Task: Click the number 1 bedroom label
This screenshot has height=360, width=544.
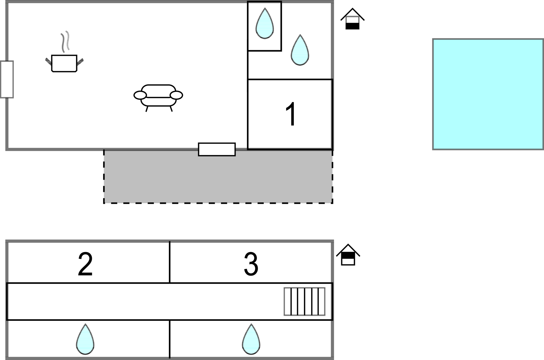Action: point(291,114)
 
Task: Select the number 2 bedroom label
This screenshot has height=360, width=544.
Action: point(85,264)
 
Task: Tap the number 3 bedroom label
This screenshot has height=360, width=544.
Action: point(251,264)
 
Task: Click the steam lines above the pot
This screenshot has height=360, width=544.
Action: point(65,41)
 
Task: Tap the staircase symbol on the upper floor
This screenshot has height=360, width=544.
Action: point(305,301)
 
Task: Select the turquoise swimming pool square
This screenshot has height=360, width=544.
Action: point(488,94)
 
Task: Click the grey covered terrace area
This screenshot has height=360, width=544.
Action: point(218,176)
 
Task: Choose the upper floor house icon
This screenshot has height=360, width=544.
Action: point(348,255)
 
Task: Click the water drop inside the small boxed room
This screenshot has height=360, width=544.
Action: point(265,23)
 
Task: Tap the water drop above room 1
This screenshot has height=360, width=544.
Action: point(300,50)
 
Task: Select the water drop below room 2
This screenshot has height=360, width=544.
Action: point(85,339)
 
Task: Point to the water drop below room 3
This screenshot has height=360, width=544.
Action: point(251,339)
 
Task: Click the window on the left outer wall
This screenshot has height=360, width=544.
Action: point(7,79)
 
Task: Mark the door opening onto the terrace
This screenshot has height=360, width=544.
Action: point(217,149)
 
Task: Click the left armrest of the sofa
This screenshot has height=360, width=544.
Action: point(140,95)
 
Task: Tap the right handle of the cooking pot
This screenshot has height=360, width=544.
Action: point(80,62)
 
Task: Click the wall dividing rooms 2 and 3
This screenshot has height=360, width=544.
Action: point(170,262)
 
